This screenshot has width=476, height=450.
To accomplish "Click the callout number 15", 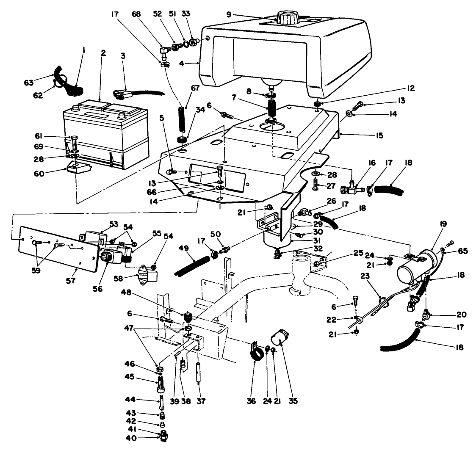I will (x=379, y=135).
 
